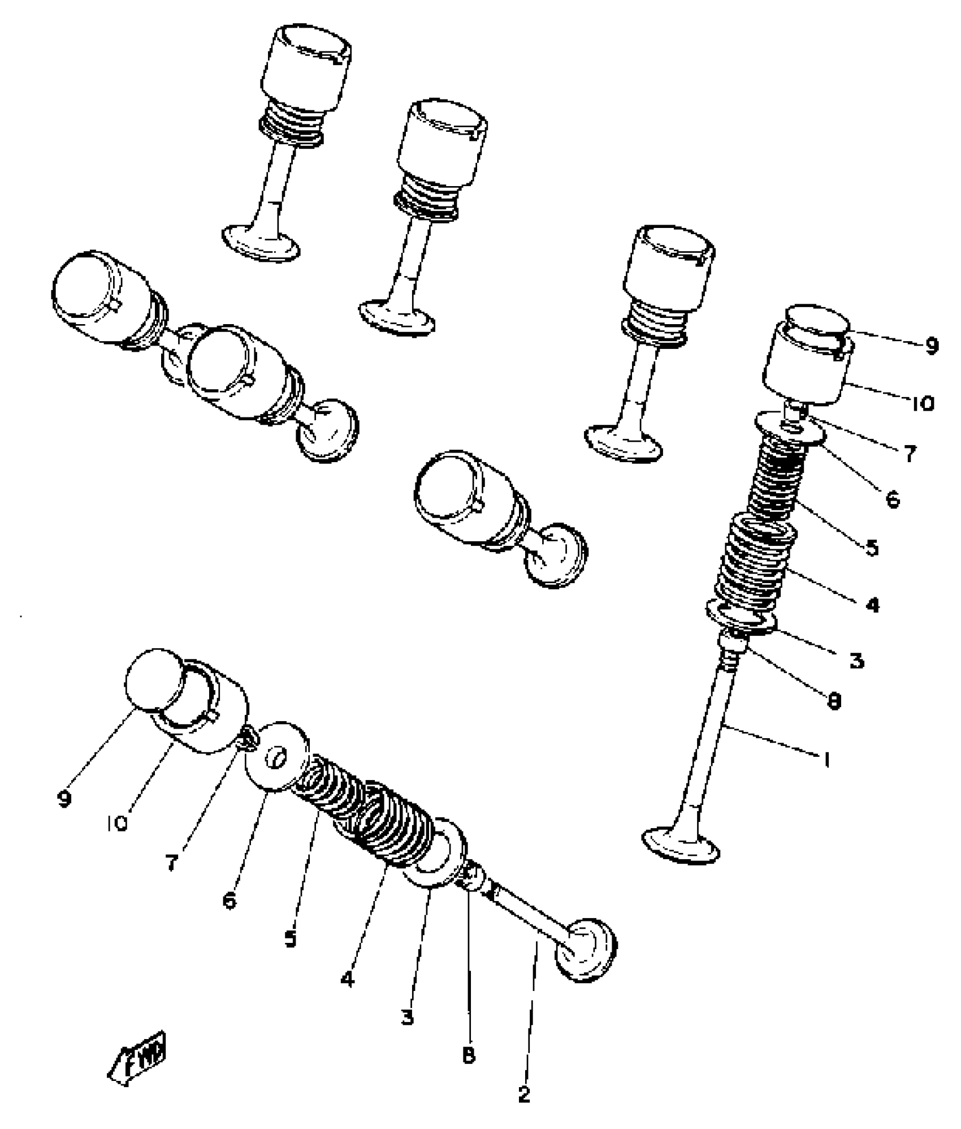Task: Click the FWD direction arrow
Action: (138, 1061)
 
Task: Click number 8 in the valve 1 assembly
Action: (834, 701)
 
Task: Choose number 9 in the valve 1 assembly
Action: (930, 345)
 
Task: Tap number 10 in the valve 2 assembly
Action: (117, 824)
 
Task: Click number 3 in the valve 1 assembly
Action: (856, 660)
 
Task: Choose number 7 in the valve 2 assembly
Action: (171, 862)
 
